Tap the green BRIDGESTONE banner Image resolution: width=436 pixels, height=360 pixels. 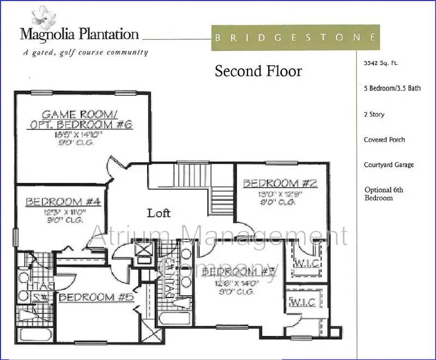point(294,38)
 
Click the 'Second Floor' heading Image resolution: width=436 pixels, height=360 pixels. point(258,71)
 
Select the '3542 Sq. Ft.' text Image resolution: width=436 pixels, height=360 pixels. point(381,63)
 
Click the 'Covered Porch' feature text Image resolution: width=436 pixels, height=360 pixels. point(384,140)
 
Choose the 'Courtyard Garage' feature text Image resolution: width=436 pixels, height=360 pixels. point(389,165)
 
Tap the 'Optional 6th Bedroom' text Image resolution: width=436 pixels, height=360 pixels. point(384,194)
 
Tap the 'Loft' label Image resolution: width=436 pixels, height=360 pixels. point(159,213)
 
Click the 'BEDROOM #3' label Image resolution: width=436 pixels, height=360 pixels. point(237,271)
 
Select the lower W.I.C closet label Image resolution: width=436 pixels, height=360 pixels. point(301,301)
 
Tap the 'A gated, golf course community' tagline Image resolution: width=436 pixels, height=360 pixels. point(85,52)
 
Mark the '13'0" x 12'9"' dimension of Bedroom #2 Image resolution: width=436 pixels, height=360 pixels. point(280,193)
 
